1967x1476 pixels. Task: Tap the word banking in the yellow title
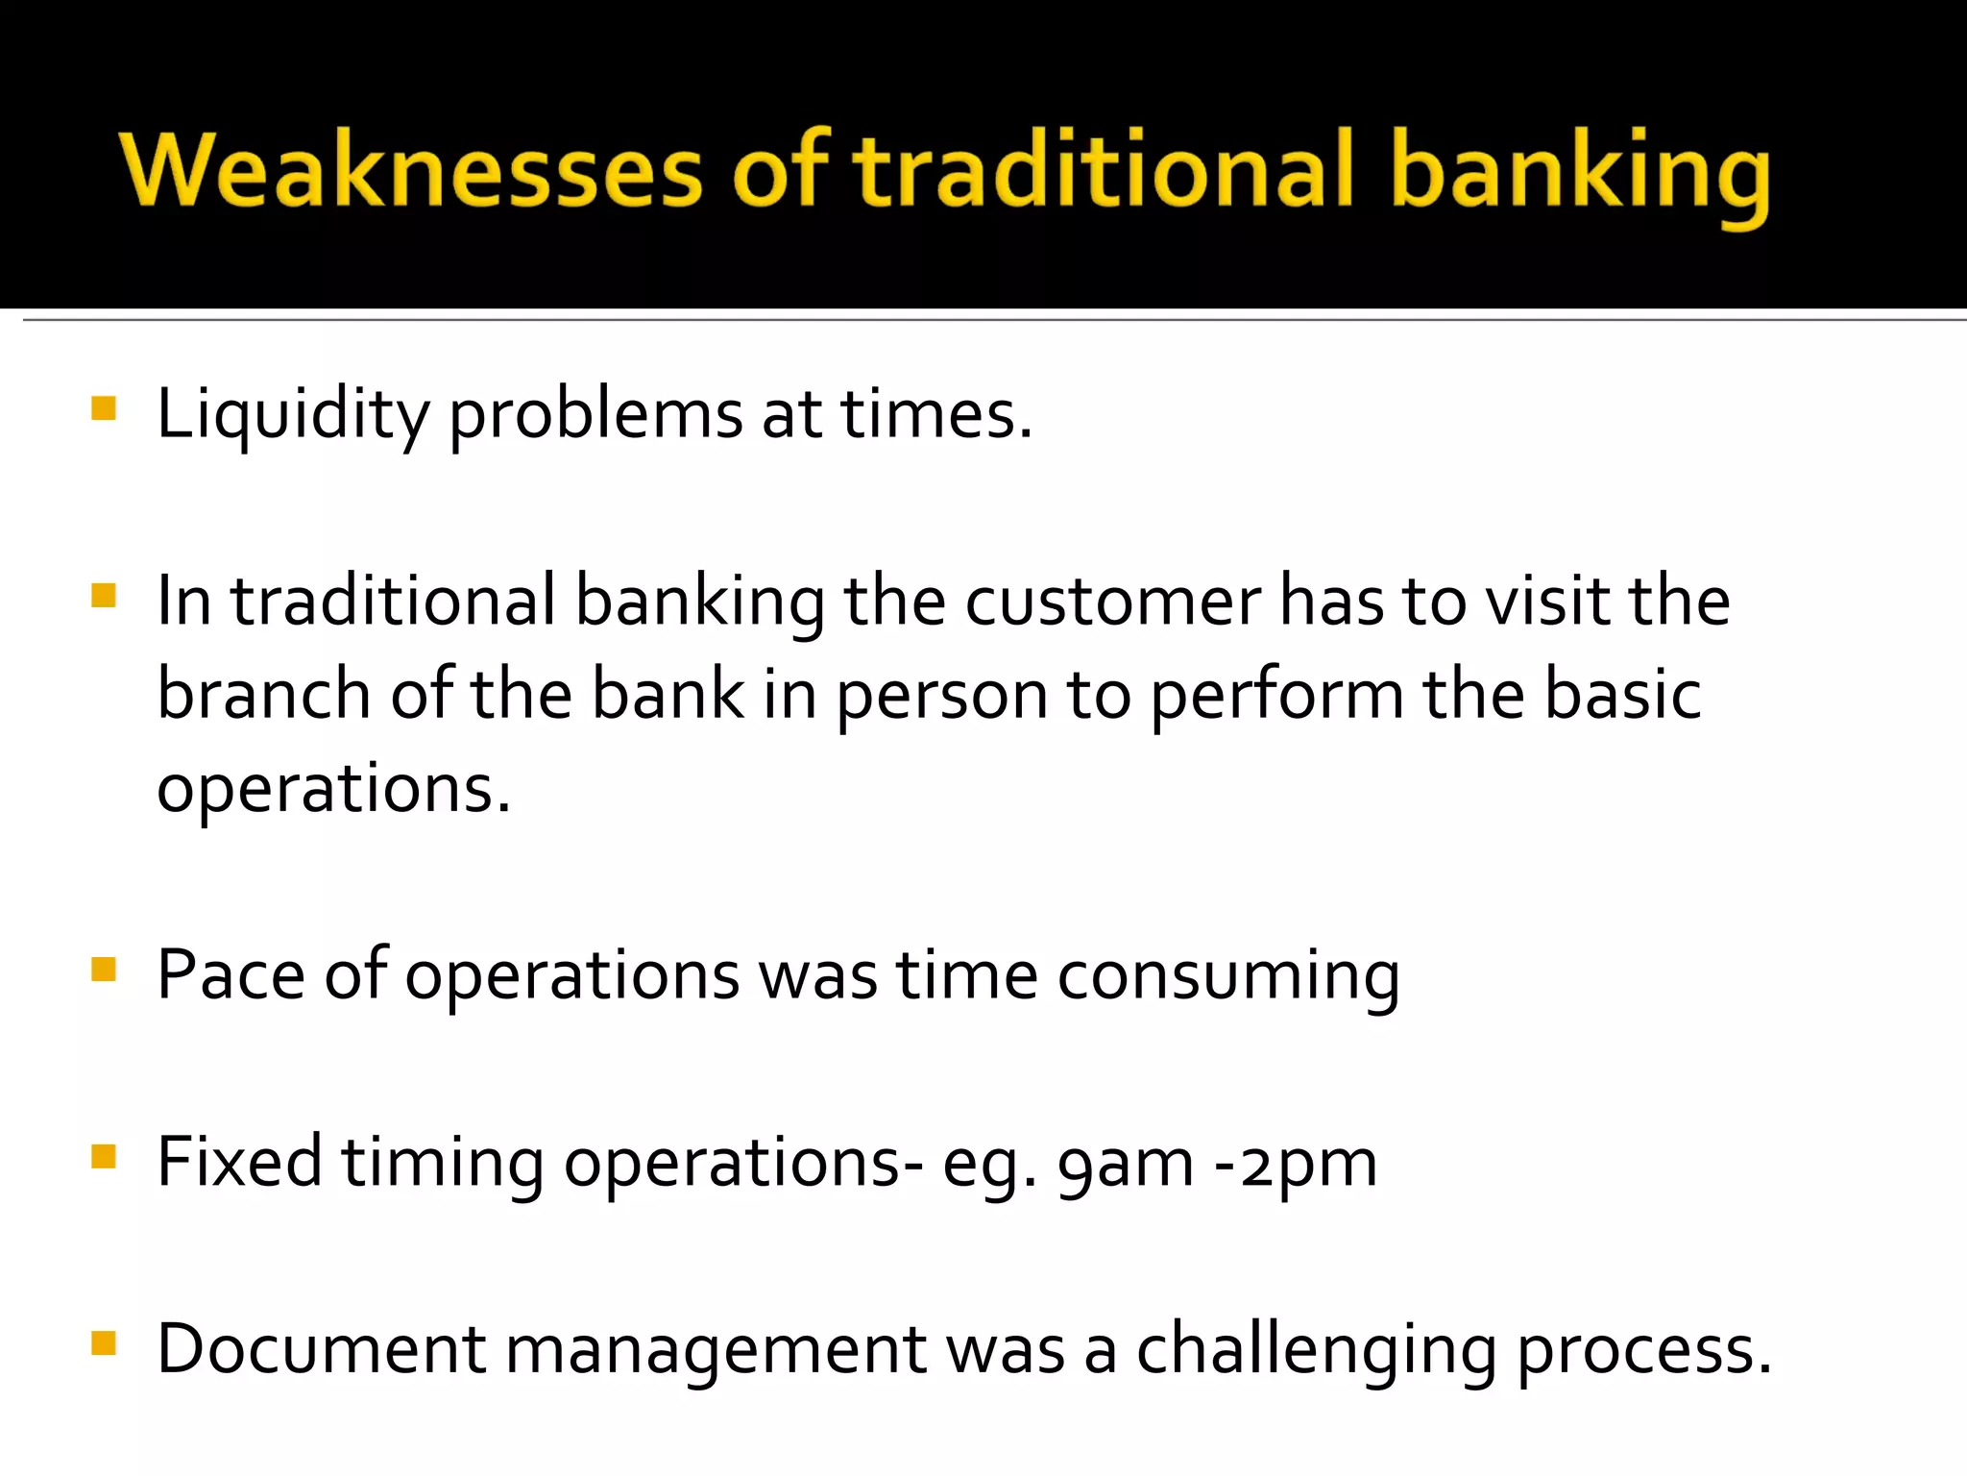coord(1580,173)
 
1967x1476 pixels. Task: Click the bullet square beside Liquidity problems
coord(103,409)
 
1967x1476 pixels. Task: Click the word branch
coord(263,695)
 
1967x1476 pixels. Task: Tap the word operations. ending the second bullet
coord(334,789)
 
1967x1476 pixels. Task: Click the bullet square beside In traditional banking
coord(103,596)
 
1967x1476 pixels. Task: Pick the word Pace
coord(231,975)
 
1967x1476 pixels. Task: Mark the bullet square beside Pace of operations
coord(103,970)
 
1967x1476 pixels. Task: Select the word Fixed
coord(239,1162)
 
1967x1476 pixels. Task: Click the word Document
coord(322,1348)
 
